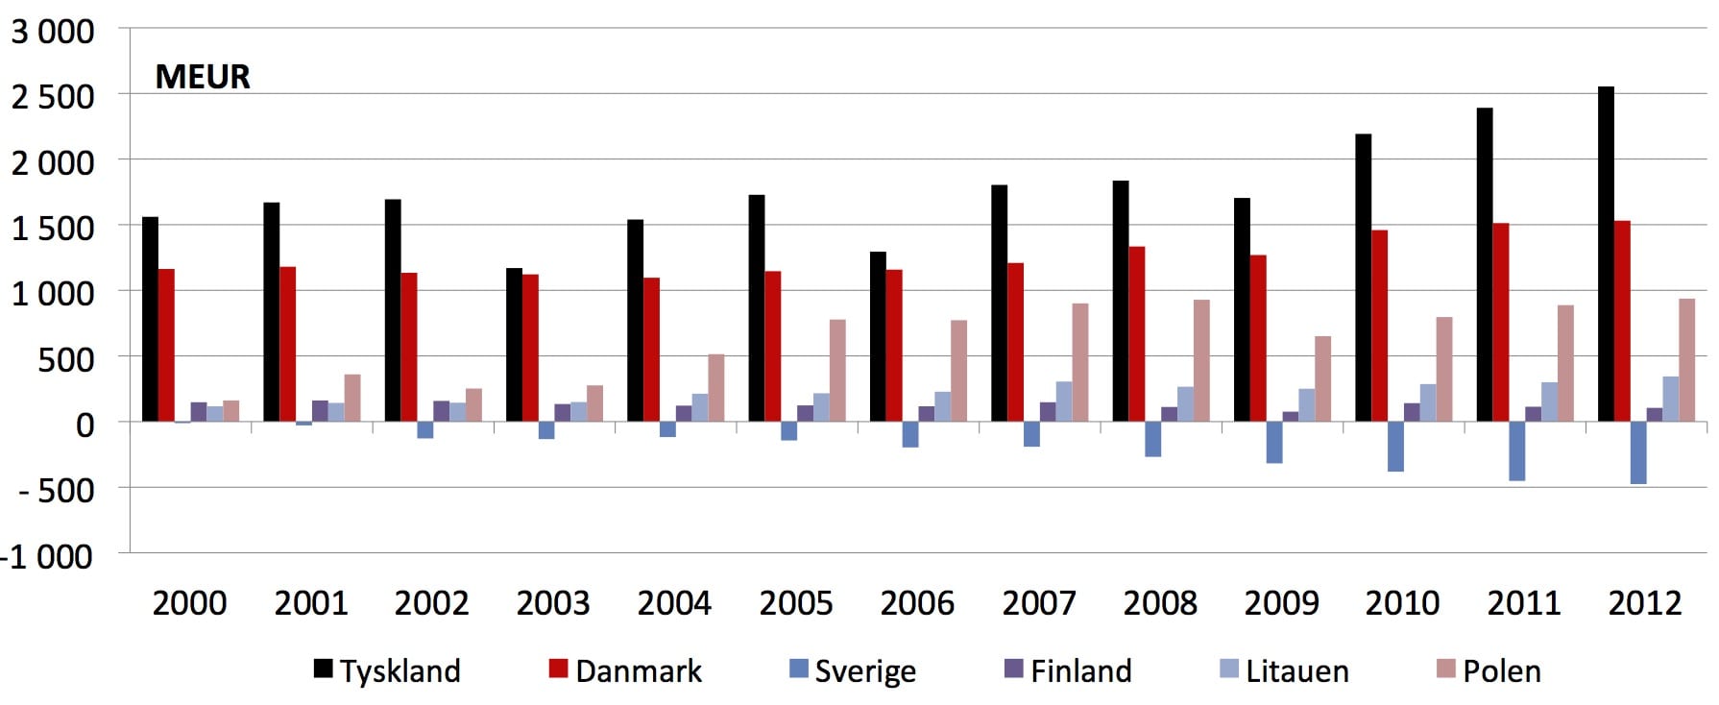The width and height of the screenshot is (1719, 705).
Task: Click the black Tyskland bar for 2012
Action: (1606, 254)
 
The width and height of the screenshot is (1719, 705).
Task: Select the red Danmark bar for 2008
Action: (1137, 334)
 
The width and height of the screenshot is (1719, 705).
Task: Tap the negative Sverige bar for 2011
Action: (1517, 451)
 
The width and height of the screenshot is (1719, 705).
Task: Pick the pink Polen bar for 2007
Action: (1080, 362)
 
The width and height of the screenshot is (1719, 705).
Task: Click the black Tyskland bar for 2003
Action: (515, 345)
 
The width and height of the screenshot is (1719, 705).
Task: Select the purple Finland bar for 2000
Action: (199, 412)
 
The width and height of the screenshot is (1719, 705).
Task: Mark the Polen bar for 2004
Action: (716, 388)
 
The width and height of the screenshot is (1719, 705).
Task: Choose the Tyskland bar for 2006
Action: (878, 336)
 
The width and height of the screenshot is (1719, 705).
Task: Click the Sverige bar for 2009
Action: (1274, 443)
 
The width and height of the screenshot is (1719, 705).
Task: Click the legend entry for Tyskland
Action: (388, 670)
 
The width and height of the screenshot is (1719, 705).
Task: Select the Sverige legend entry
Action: (853, 670)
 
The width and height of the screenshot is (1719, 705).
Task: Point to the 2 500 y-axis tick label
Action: (53, 97)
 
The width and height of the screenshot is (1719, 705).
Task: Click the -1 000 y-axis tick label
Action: (48, 556)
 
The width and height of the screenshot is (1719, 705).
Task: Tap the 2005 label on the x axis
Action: (796, 603)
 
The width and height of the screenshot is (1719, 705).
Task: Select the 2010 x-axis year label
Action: (1402, 603)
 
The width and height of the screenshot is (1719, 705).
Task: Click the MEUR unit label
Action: (203, 77)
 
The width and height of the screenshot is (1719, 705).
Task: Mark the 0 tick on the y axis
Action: (85, 425)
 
